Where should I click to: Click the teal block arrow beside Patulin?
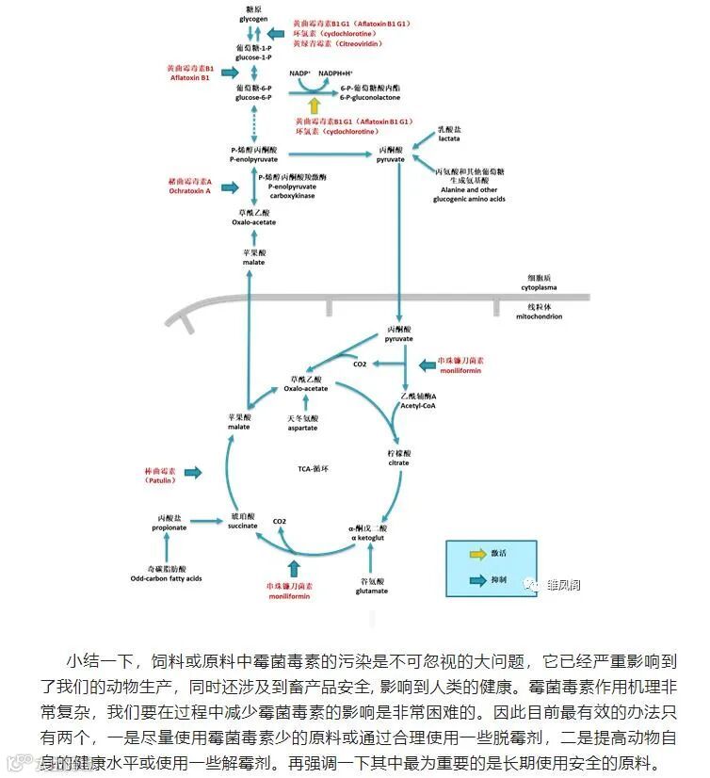pos(193,472)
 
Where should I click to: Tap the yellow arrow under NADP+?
pos(314,105)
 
